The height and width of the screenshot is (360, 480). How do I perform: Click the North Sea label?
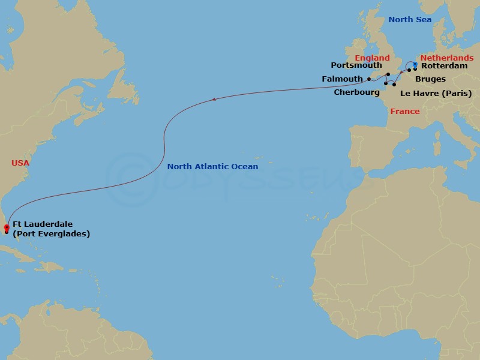[410, 20]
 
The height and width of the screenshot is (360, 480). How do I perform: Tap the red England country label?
[372, 58]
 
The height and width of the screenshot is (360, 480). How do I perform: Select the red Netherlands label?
[446, 58]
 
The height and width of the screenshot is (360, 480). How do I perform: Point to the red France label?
[405, 112]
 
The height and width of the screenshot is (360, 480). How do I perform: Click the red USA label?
[20, 163]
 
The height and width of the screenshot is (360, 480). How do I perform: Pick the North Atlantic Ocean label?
[212, 166]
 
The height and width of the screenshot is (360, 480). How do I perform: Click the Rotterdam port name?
[445, 66]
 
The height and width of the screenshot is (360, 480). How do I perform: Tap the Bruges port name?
[430, 79]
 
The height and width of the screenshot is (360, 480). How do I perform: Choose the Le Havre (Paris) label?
[436, 93]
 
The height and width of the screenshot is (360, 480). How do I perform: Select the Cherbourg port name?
[357, 92]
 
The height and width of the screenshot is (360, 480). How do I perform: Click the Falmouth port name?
[342, 79]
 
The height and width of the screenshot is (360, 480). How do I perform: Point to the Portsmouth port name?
[356, 65]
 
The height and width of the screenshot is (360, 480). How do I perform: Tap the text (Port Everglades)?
[51, 234]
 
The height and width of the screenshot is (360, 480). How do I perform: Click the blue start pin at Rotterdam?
[415, 65]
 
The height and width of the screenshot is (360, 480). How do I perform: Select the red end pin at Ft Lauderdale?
[6, 227]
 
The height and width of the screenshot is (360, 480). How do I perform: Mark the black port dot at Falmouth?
[369, 79]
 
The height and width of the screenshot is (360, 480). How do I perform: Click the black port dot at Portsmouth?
[388, 74]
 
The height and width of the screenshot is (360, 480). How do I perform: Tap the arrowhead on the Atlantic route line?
[214, 100]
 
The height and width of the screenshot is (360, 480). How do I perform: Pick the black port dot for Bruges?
[409, 70]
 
